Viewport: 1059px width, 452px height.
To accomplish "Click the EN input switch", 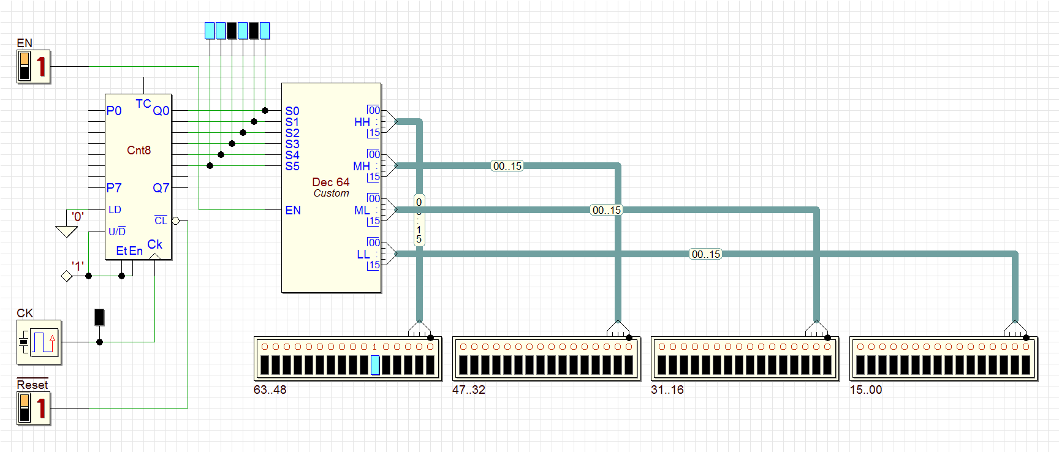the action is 33,66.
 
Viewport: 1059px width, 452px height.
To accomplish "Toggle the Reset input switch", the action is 33,408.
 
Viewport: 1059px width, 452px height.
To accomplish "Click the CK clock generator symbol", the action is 39,342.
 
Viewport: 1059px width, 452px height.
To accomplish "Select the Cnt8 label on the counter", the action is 139,150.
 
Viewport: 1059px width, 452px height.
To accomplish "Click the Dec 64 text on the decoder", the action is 330,182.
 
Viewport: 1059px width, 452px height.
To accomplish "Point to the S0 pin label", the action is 292,111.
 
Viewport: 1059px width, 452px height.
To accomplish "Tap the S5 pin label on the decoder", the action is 292,166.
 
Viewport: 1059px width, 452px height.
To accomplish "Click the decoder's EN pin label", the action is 293,210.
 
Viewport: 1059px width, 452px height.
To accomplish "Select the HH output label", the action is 362,122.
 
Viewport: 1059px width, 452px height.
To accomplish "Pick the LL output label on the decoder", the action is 363,254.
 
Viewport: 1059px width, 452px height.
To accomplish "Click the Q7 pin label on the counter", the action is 161,188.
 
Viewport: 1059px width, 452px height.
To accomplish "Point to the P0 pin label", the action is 114,111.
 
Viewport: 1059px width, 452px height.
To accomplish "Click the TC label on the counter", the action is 143,104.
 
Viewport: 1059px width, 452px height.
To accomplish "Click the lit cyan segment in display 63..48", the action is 375,365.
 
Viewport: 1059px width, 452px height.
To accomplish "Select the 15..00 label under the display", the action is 865,390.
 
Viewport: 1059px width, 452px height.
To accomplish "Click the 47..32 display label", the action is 468,390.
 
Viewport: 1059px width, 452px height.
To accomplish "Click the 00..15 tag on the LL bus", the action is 705,254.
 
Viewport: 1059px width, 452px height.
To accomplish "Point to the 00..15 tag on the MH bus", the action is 507,166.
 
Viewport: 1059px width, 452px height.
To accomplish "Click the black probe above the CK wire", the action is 99,317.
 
